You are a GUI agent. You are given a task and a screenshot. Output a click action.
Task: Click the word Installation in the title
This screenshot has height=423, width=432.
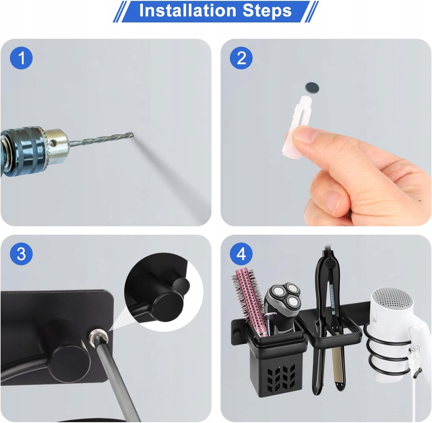(188, 10)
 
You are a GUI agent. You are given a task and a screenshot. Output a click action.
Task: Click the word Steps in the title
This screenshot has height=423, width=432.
(267, 11)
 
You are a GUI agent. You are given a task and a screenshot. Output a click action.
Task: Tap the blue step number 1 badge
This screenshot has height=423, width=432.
(21, 58)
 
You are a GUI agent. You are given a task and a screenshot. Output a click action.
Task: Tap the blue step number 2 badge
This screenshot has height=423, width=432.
(241, 58)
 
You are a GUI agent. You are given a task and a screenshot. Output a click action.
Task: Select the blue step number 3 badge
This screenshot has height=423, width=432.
(21, 254)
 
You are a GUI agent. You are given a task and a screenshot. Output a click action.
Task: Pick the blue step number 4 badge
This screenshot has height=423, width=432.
(241, 254)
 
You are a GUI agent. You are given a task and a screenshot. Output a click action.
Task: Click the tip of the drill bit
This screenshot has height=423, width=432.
(133, 135)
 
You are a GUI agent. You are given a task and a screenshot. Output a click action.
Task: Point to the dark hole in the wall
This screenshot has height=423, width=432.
(312, 87)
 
